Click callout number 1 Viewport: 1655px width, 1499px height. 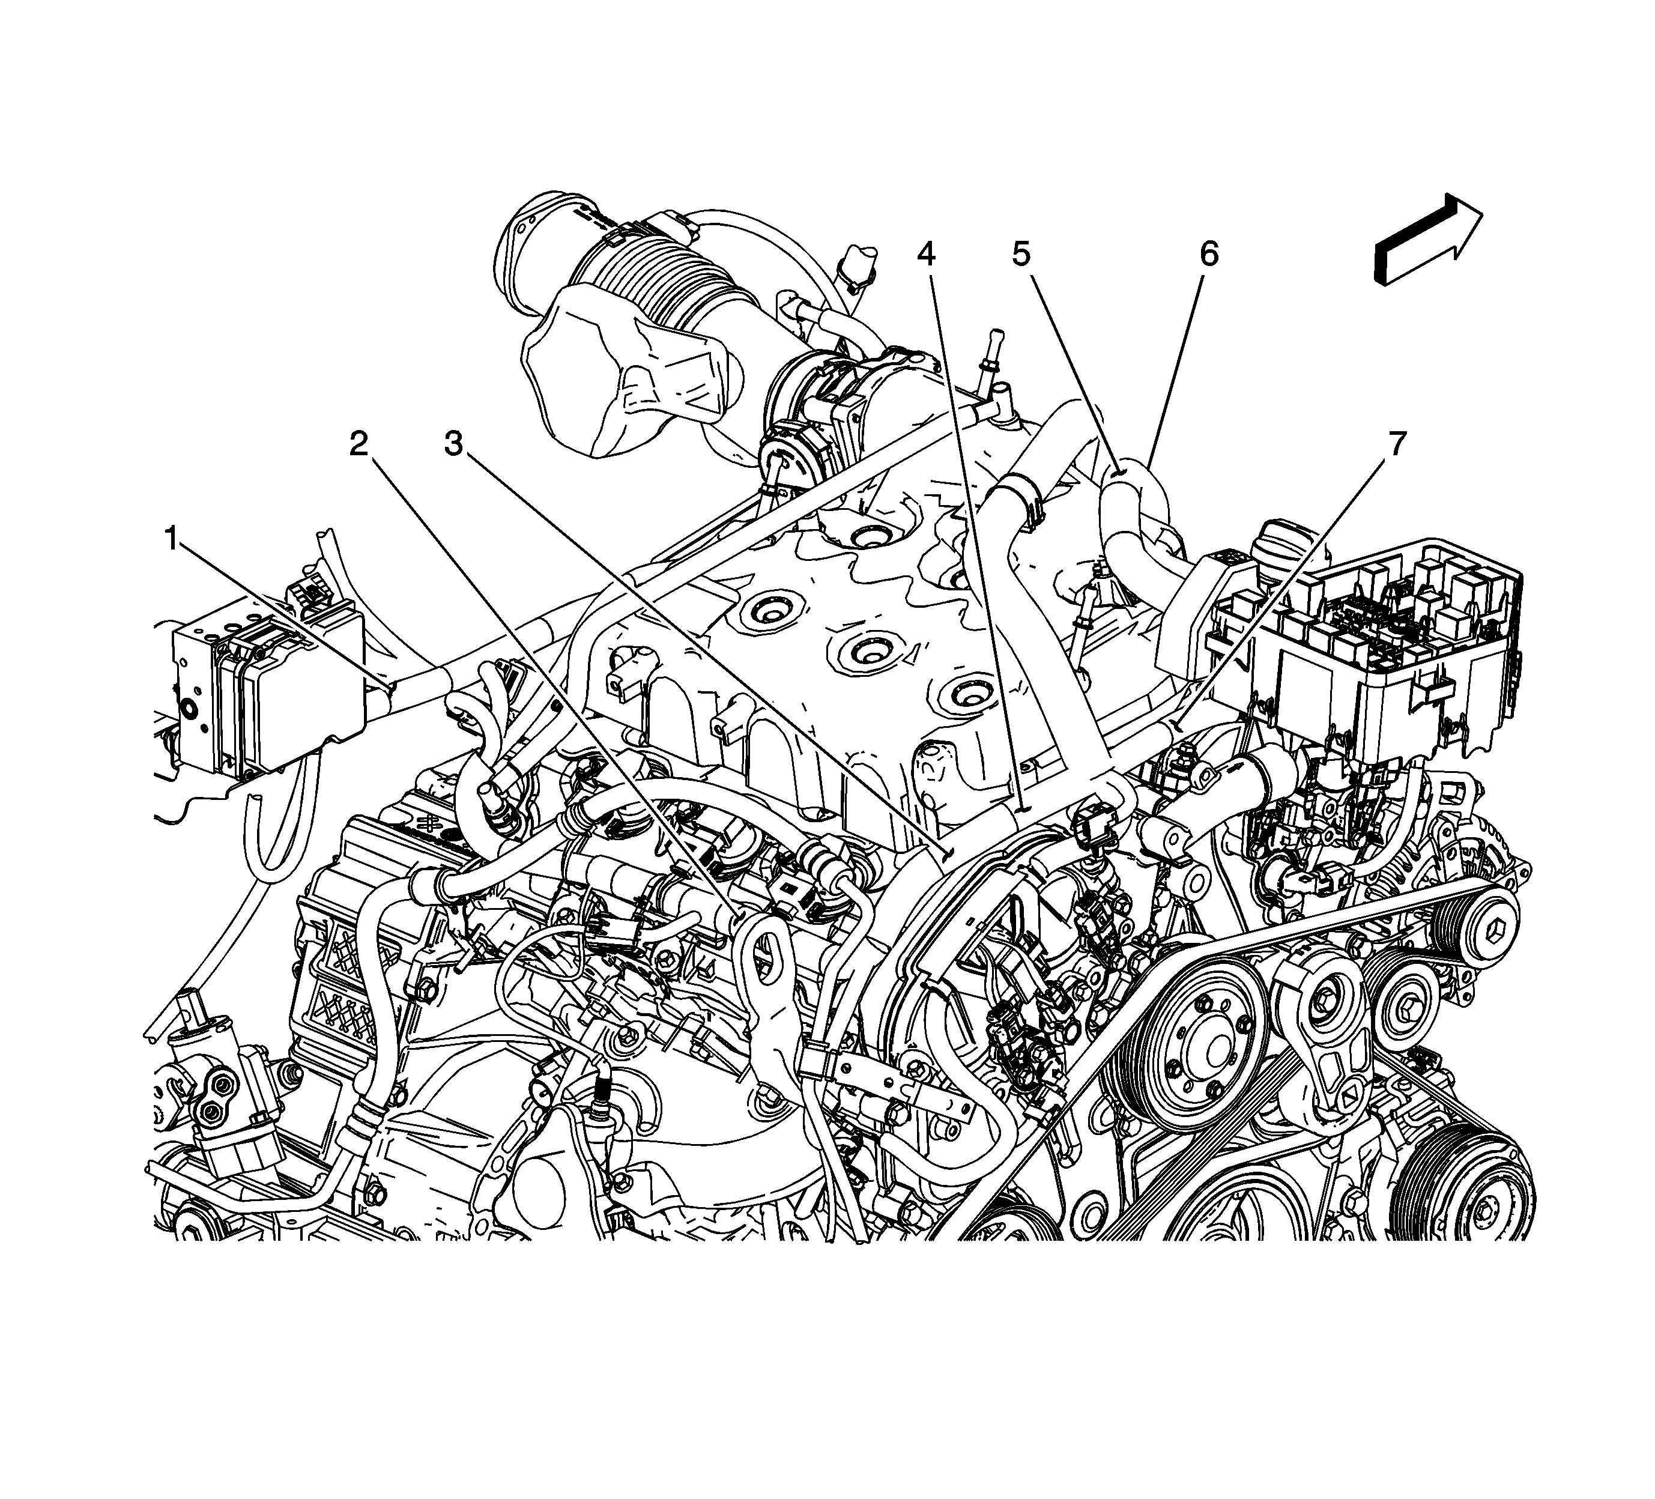click(172, 539)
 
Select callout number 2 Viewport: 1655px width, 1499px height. click(359, 444)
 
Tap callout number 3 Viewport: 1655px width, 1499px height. click(454, 444)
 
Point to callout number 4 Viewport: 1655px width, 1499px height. click(926, 255)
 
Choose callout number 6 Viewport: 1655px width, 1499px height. click(1209, 255)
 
